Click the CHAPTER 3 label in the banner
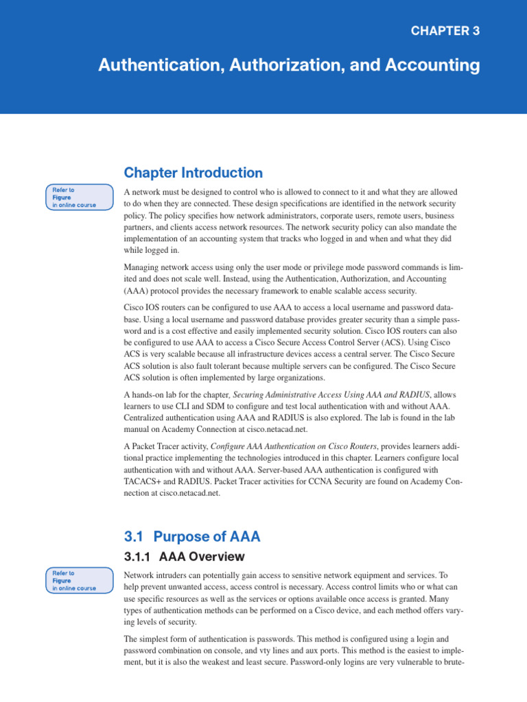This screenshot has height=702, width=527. [x=445, y=31]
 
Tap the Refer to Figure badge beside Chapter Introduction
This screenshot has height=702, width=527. [x=79, y=197]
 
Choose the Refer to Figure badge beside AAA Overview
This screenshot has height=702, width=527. [x=79, y=580]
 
